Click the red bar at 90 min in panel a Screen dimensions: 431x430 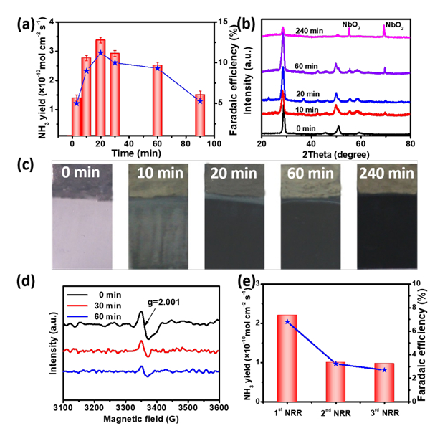point(200,115)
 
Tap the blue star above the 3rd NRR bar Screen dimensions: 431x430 point(384,370)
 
